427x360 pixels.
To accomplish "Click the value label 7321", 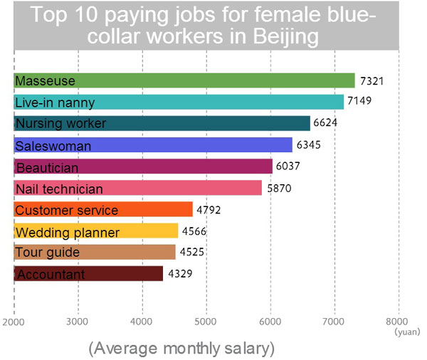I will click(371, 80).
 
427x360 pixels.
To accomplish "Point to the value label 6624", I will click(325, 124).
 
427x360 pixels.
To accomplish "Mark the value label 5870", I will click(278, 189).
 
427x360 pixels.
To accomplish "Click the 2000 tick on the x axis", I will click(14, 321).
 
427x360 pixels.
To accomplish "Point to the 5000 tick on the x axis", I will click(206, 321).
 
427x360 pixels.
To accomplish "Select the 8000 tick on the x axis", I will click(398, 321).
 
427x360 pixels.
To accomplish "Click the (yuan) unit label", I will click(406, 331).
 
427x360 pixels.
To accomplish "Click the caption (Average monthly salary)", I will click(181, 348).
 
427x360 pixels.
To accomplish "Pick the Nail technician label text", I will click(59, 189).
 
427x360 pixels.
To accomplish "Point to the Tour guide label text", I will click(47, 253).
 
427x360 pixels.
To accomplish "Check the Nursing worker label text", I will click(60, 124).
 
